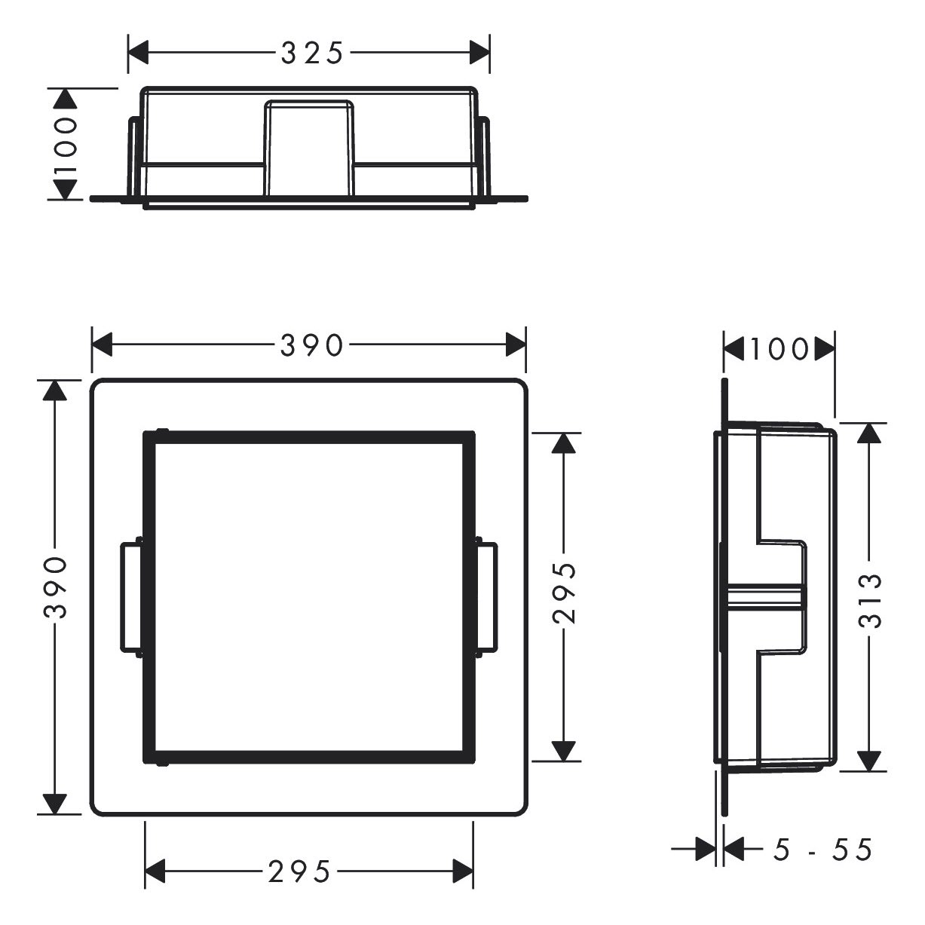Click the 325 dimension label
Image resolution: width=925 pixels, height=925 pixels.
(x=312, y=53)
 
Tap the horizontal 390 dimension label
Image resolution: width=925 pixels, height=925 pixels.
(x=312, y=345)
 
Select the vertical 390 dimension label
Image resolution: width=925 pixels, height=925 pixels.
(x=55, y=587)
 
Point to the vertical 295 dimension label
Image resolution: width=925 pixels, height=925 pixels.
(x=564, y=593)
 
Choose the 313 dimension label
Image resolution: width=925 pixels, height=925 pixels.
(x=870, y=601)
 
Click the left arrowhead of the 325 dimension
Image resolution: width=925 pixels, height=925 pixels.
(x=138, y=53)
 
